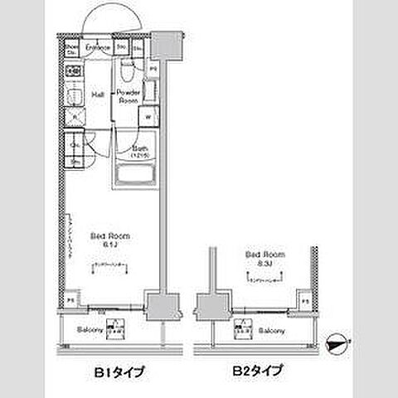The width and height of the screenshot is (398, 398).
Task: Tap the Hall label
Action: pos(96,94)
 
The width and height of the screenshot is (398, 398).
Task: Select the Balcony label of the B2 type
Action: pos(271,331)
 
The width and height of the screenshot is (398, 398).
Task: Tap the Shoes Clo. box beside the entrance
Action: pos(72,50)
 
